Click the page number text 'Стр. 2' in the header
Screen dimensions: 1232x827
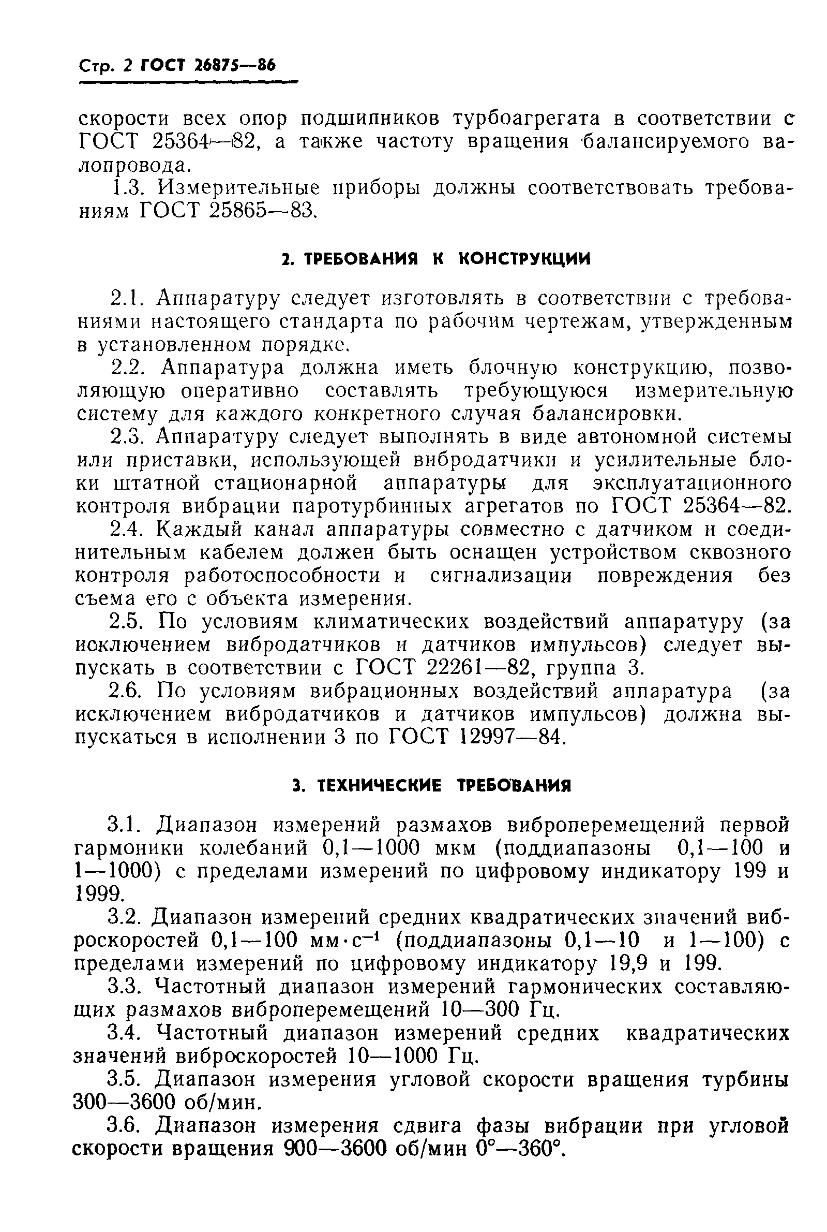(104, 66)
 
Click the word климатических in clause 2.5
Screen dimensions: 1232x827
(391, 623)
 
